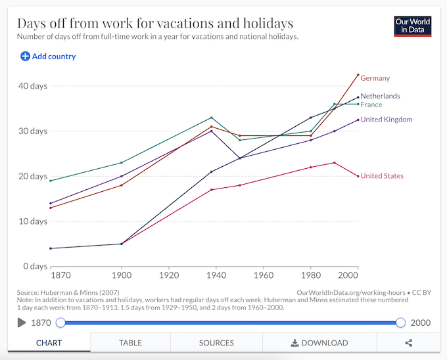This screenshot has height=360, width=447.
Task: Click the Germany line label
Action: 375,78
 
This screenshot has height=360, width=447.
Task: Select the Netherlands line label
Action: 380,96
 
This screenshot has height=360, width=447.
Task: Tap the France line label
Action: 371,104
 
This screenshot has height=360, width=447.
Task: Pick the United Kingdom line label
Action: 386,120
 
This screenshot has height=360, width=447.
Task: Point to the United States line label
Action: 382,176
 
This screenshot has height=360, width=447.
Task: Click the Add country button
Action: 48,56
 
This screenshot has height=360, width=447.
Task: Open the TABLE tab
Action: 130,343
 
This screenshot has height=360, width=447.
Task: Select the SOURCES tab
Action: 216,343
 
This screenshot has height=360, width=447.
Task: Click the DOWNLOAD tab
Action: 319,343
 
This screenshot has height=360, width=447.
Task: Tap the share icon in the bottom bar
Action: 409,343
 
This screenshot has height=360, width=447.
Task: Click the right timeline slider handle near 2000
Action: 400,323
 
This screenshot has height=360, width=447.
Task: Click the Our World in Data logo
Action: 412,26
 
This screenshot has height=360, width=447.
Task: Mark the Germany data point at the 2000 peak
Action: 358,75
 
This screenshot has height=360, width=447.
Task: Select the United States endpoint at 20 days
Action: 358,176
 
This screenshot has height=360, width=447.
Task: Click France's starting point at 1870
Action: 51,181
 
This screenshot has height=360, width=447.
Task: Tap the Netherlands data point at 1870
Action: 51,248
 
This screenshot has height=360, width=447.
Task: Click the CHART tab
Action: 49,343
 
